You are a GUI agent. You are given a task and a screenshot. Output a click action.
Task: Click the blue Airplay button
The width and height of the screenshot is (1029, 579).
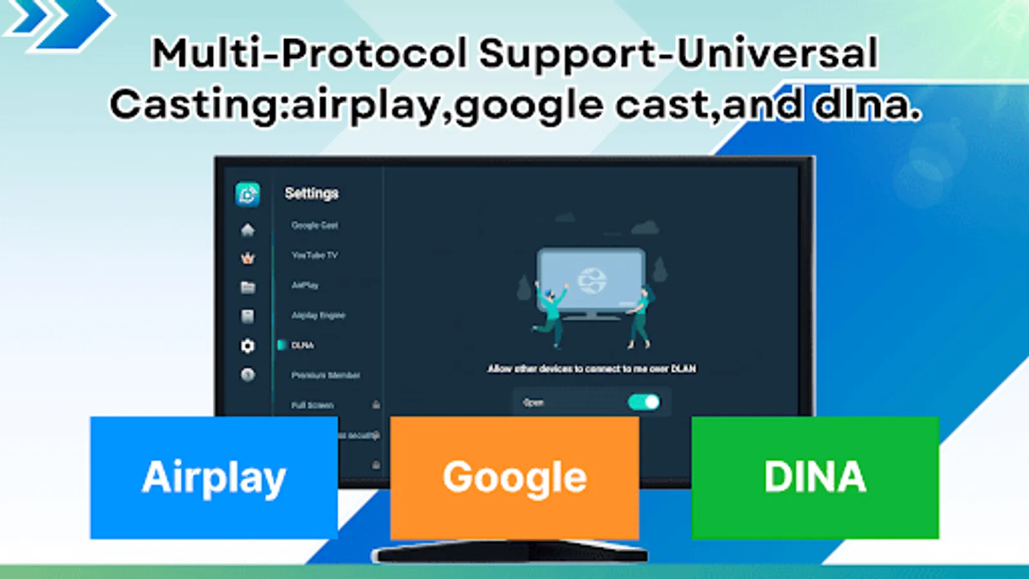click(214, 477)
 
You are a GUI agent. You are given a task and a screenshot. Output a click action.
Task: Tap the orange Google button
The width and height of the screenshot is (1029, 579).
click(514, 477)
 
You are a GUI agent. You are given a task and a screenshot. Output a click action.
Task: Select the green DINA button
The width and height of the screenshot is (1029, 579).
click(815, 477)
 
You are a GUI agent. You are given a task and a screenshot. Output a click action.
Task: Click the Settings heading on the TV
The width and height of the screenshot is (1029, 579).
click(311, 193)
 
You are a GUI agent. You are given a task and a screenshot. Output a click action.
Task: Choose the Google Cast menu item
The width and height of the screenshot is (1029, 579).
click(314, 225)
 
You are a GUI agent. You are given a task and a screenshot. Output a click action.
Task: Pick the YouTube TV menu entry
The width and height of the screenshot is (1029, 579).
click(314, 255)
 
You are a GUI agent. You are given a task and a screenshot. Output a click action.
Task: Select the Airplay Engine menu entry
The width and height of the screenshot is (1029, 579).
click(318, 315)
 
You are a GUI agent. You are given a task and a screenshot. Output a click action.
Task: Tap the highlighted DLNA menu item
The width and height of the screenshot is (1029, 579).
click(302, 345)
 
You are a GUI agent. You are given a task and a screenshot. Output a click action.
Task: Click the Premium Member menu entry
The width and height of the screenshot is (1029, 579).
click(325, 375)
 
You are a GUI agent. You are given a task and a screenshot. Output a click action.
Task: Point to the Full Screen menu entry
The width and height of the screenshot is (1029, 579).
click(313, 405)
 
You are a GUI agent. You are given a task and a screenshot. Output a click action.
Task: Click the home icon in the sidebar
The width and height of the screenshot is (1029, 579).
click(248, 230)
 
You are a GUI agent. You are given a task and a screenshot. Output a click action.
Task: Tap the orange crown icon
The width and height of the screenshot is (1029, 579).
click(248, 259)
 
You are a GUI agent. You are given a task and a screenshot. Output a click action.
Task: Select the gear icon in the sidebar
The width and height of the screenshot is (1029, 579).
click(248, 346)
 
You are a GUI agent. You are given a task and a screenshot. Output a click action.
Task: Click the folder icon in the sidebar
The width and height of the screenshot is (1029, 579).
click(248, 288)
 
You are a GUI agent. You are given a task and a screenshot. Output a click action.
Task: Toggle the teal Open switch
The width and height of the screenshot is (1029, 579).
click(643, 402)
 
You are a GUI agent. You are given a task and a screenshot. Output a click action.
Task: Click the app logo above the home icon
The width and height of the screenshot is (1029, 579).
click(248, 194)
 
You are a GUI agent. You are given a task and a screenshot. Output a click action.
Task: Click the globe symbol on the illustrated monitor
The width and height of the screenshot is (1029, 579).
click(592, 280)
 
